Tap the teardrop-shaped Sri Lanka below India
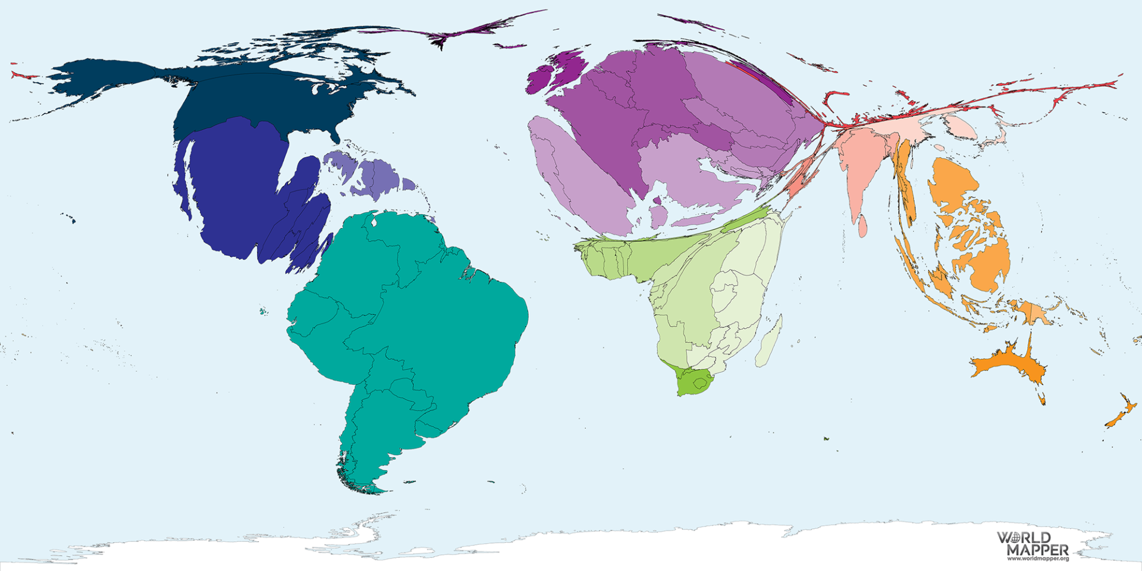(863, 227)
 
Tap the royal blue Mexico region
(238, 184)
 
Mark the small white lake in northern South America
(374, 223)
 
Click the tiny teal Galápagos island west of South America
(262, 311)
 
